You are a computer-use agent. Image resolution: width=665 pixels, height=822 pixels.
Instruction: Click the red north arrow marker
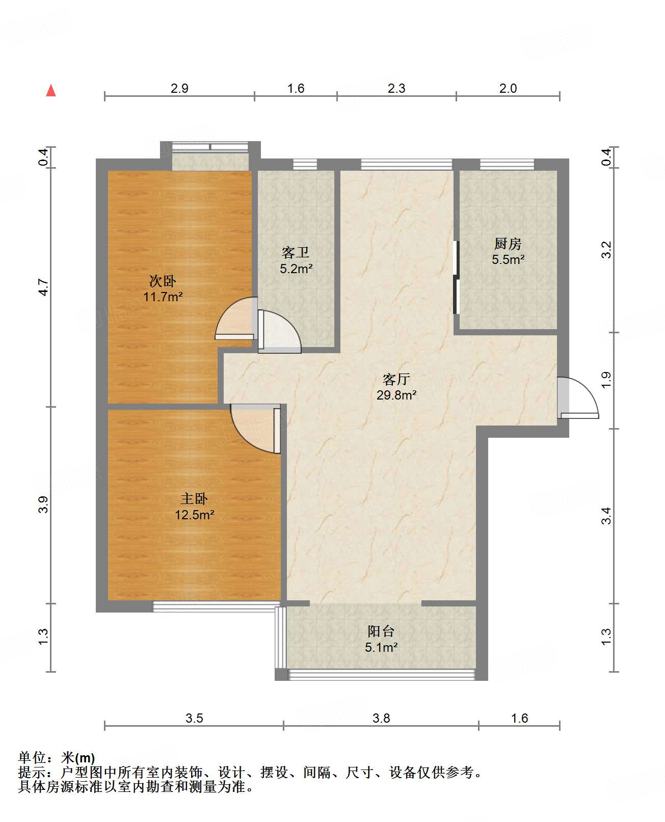click(x=51, y=90)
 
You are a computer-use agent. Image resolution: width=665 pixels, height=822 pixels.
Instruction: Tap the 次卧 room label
click(x=163, y=281)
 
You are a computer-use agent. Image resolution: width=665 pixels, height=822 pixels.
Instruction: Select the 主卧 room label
click(x=194, y=499)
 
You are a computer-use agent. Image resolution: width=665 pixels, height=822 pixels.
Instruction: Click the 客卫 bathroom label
click(x=296, y=253)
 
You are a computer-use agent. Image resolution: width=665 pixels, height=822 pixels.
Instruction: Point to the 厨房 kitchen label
click(x=508, y=244)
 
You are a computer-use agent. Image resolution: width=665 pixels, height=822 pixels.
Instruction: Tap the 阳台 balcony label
click(x=381, y=632)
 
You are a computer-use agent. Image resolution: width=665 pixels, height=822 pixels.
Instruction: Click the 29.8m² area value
click(x=396, y=395)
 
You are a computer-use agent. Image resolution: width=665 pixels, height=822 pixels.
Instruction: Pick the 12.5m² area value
click(x=195, y=515)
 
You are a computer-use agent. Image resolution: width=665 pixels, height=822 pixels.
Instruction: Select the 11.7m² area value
click(x=163, y=297)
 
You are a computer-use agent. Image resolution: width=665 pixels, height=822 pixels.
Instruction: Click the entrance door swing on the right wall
click(x=578, y=398)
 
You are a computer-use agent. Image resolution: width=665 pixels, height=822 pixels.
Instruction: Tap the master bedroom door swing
click(x=255, y=429)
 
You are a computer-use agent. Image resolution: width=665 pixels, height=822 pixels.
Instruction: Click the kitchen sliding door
click(x=456, y=277)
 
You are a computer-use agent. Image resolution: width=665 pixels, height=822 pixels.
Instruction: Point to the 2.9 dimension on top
click(x=179, y=88)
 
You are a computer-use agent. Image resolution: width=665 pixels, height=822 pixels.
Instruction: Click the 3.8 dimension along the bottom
click(x=381, y=719)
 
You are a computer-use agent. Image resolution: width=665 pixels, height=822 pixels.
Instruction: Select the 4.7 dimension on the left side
click(x=44, y=287)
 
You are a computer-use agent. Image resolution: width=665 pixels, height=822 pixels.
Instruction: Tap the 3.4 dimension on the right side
click(x=606, y=516)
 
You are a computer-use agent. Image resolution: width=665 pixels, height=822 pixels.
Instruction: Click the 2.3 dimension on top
click(x=396, y=88)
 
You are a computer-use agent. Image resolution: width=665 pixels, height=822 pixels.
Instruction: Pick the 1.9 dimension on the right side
click(x=606, y=380)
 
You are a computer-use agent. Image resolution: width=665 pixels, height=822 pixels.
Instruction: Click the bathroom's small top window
click(x=305, y=165)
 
